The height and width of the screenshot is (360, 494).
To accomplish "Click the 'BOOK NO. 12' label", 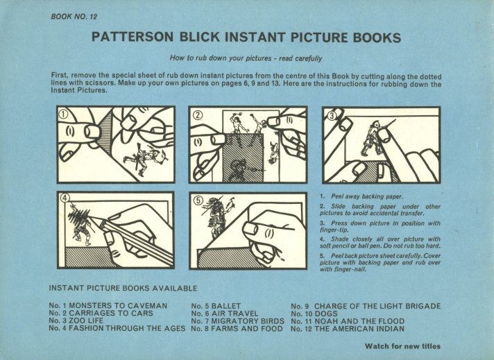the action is point(74,17).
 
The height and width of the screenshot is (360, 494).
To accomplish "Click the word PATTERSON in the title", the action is point(133,37).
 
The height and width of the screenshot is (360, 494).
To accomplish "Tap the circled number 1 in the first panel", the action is point(64,115).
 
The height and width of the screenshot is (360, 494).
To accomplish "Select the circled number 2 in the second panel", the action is point(198,115).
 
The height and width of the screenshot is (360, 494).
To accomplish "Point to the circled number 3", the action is point(332,116).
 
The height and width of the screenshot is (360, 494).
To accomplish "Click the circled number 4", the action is point(65,198).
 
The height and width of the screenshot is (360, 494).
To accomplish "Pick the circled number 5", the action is point(198,200).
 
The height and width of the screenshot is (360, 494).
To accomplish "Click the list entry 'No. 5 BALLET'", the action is point(216,306).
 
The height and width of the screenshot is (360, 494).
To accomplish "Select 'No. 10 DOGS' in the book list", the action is point(314,314).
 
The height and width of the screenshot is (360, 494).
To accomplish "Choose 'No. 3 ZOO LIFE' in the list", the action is point(76,320).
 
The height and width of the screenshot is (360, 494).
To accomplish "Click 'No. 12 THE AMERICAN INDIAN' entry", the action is point(348,329).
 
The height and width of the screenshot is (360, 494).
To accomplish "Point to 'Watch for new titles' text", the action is point(402,346).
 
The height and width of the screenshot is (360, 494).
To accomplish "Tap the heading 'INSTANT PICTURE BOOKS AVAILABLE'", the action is point(123,288).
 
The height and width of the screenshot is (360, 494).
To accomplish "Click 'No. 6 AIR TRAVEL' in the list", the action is point(225,314).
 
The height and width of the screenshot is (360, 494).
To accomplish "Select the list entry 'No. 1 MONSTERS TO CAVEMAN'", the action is point(108,305).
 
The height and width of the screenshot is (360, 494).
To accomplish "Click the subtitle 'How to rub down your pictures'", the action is point(221,58).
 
